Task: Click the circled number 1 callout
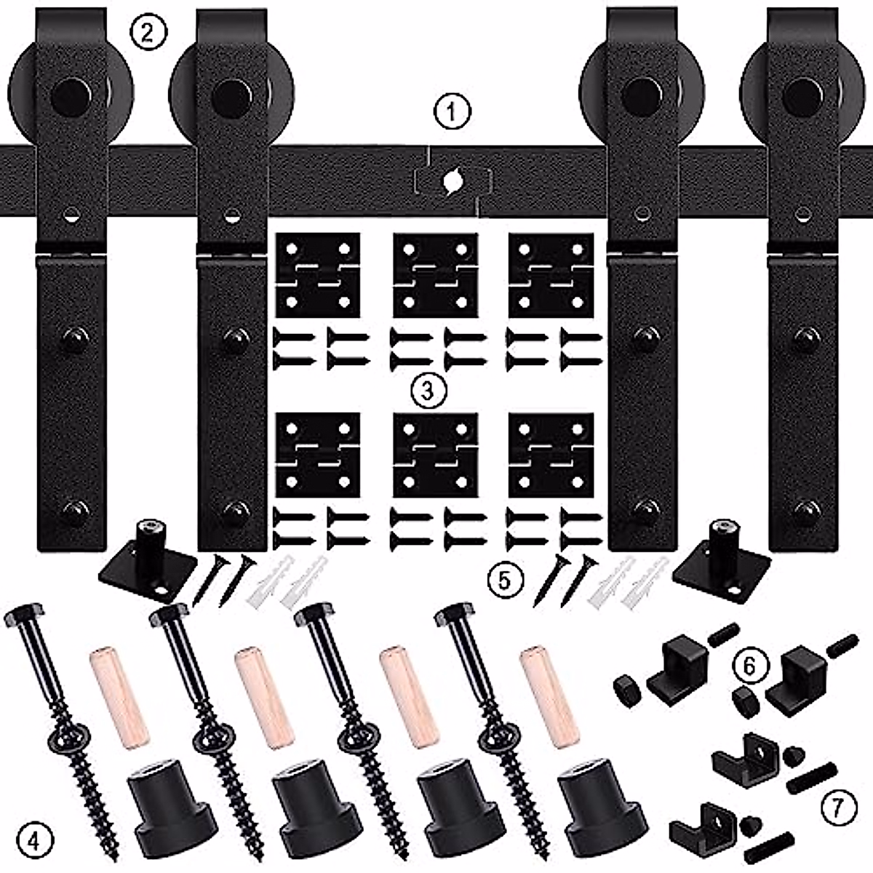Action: (x=453, y=112)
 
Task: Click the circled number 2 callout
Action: (x=148, y=32)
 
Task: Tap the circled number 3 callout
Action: (x=427, y=391)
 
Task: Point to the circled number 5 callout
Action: (x=506, y=580)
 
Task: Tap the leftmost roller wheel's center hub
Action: (x=71, y=95)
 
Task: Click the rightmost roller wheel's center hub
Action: (x=802, y=95)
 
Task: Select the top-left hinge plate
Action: (x=319, y=275)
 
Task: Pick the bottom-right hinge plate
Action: (x=551, y=455)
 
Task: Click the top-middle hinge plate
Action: (x=435, y=275)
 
